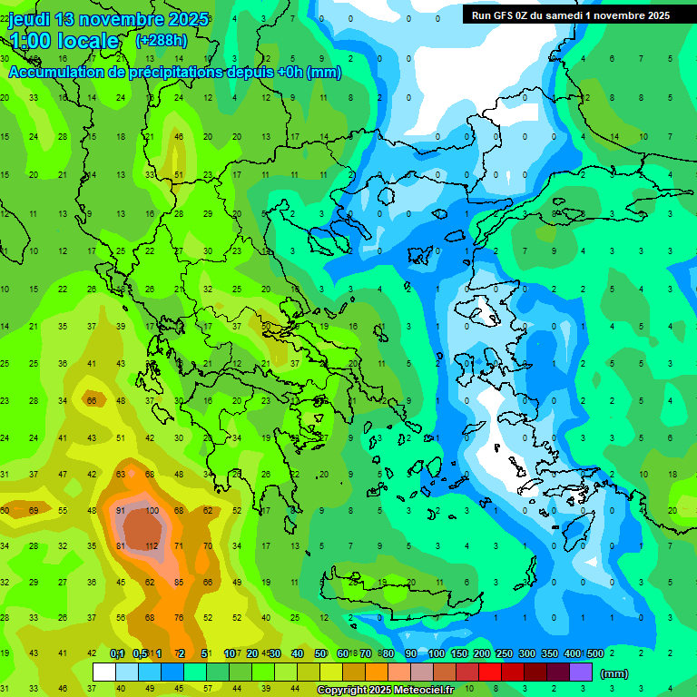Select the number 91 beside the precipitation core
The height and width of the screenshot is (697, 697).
(x=121, y=511)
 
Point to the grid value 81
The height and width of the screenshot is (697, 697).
(x=121, y=546)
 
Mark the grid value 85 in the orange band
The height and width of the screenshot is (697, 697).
(x=180, y=582)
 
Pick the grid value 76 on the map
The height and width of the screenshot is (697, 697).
(x=180, y=618)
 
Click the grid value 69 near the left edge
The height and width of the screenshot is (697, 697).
(x=34, y=511)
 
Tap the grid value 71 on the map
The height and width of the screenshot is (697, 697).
(x=180, y=546)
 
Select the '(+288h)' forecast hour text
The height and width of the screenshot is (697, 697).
(x=162, y=41)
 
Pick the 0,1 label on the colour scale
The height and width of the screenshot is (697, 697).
(x=117, y=654)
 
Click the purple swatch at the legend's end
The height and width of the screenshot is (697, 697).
(x=581, y=672)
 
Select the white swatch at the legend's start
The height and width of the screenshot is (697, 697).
(x=104, y=672)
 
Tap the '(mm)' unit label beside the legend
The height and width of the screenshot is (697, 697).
(x=614, y=674)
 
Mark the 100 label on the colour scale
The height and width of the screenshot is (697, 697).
(x=436, y=654)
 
